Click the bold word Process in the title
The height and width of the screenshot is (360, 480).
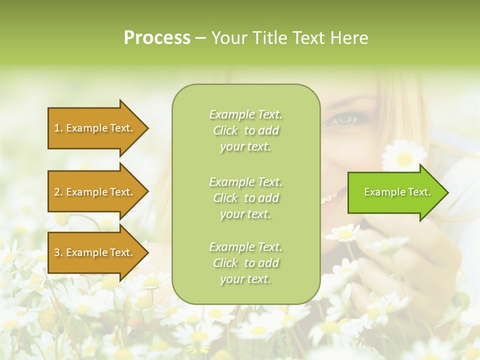(x=157, y=38)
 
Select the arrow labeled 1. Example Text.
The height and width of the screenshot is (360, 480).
(x=95, y=128)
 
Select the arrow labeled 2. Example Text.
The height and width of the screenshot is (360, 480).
(x=95, y=192)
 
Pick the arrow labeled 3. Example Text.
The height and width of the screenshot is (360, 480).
(x=95, y=252)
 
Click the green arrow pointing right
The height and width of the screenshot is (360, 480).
(x=395, y=192)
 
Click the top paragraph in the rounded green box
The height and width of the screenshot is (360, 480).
(x=245, y=130)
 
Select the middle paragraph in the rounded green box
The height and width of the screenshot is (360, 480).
(x=245, y=198)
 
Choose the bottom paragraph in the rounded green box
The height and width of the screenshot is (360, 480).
(x=245, y=263)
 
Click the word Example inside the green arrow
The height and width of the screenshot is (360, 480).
(x=381, y=192)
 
